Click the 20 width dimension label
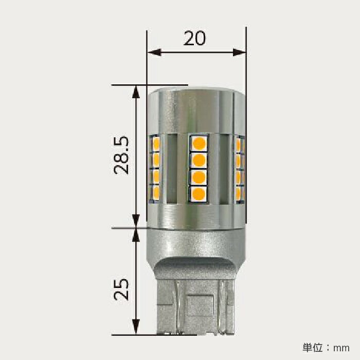point(194,39)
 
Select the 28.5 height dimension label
point(121,155)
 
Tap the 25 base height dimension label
point(121,289)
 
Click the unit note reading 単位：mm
point(326,348)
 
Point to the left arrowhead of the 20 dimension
point(154,52)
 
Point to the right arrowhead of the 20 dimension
point(240,52)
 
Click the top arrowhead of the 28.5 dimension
point(136,92)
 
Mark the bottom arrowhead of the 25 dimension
point(136,327)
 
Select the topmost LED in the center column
point(199,143)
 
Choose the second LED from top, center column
point(199,160)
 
